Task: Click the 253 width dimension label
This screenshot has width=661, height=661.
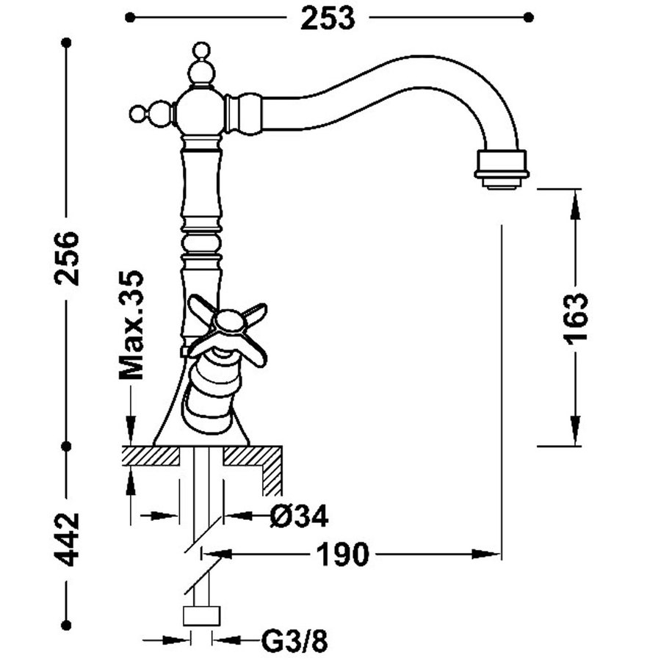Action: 327,18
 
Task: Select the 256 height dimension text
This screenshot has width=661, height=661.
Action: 68,258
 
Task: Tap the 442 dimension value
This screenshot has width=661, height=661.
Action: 68,539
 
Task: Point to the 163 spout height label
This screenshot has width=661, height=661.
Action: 576,317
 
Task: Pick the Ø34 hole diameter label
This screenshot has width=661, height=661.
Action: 300,516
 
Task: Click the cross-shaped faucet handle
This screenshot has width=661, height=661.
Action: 228,327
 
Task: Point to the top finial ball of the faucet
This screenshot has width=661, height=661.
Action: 199,51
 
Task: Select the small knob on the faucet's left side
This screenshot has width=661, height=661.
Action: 137,114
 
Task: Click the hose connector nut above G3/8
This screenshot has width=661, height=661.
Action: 201,615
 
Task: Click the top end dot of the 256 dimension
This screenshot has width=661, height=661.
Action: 67,43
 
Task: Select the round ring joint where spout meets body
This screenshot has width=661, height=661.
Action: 243,114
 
